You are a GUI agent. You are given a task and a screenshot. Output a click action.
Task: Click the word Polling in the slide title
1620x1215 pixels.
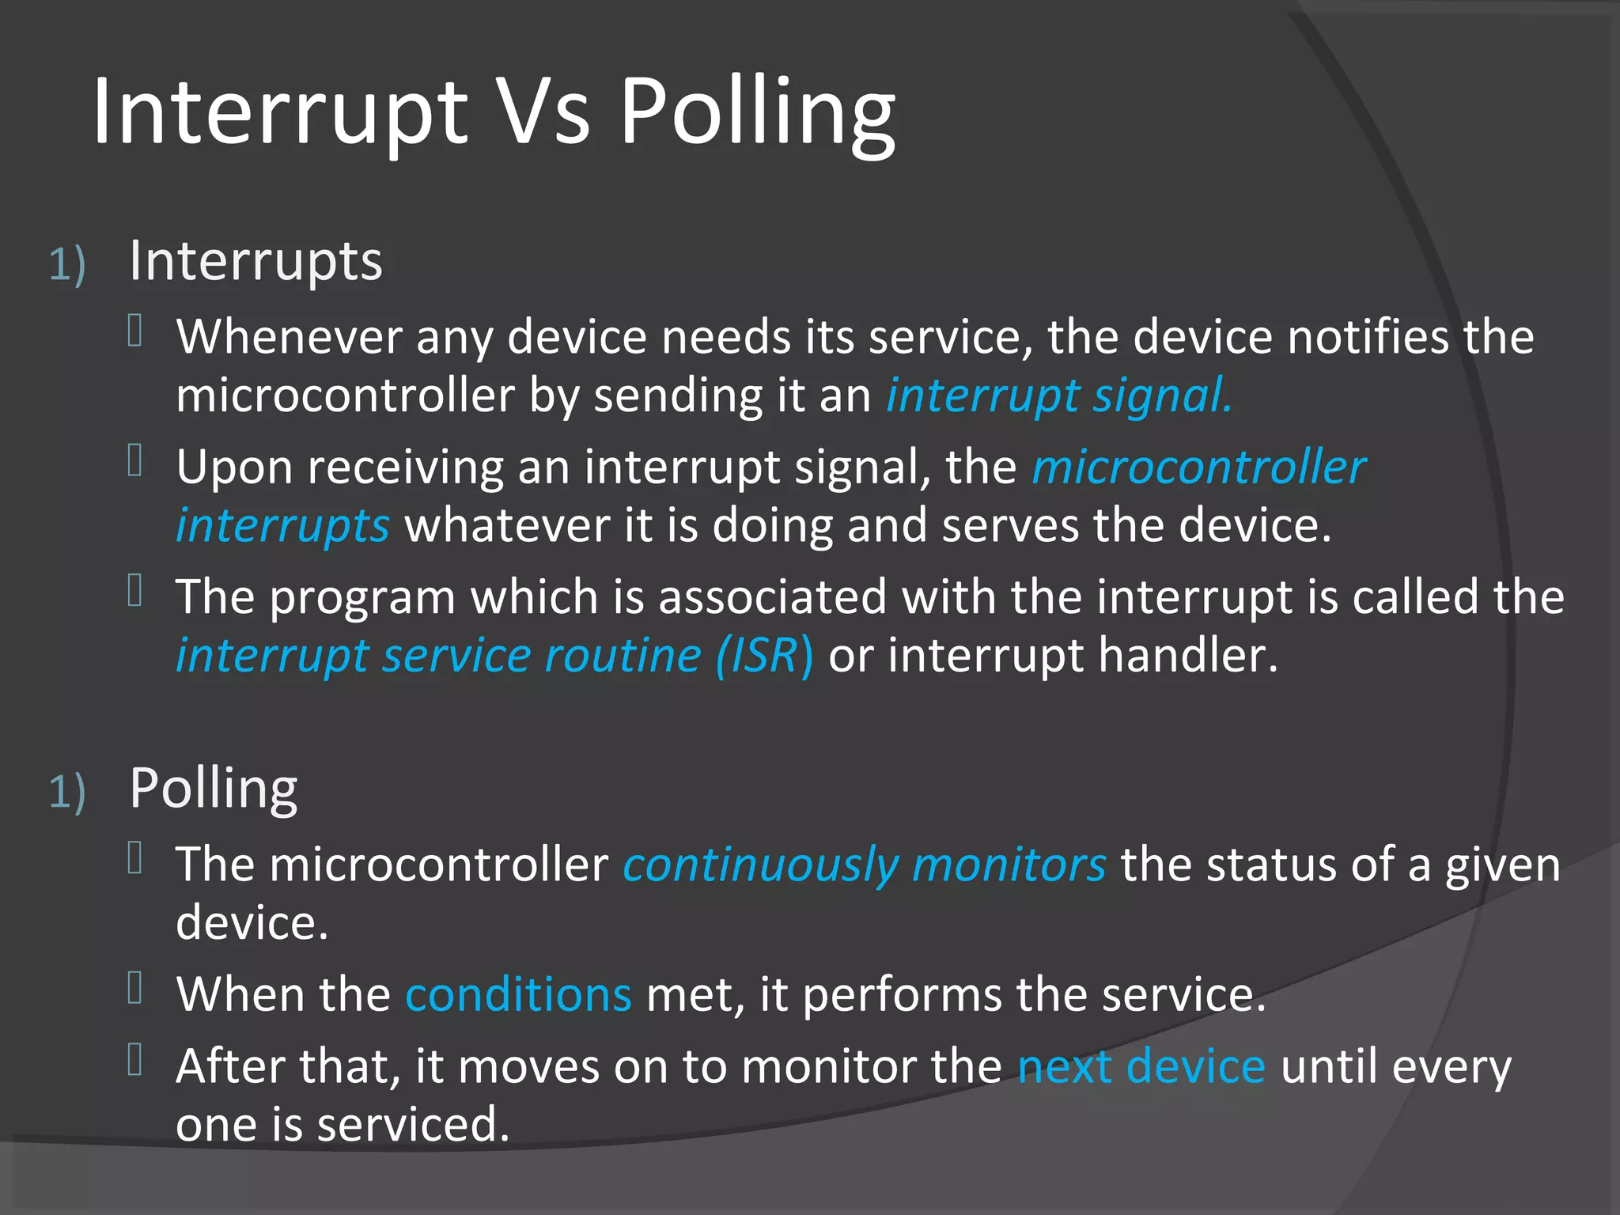click(x=757, y=112)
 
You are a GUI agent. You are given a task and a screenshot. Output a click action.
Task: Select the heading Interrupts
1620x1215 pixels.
click(x=255, y=261)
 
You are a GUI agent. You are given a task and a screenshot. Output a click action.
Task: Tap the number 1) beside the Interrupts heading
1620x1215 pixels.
click(x=67, y=264)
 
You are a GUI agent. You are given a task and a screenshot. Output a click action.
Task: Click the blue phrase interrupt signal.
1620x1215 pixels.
click(x=1058, y=396)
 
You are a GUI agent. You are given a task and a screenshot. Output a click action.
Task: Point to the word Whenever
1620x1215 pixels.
click(x=289, y=338)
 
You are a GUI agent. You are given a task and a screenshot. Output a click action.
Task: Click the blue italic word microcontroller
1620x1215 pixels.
click(x=1198, y=467)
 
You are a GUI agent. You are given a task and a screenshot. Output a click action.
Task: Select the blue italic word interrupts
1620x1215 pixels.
click(x=282, y=526)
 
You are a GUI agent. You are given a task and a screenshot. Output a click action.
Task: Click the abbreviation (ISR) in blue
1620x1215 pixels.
click(x=763, y=656)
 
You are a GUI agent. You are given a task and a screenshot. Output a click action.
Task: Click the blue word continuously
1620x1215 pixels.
click(x=760, y=865)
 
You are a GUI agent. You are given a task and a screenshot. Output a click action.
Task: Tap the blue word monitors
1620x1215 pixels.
click(x=1009, y=865)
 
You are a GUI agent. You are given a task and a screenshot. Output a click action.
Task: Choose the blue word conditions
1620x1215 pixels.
click(x=518, y=994)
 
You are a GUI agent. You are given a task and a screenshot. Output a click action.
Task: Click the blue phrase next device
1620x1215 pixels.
click(x=1141, y=1067)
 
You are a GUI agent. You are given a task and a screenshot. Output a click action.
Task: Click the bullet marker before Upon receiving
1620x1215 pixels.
click(x=135, y=460)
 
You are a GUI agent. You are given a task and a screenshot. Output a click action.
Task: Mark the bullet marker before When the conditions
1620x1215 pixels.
click(x=135, y=988)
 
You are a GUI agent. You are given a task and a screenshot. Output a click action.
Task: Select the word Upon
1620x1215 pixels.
click(x=234, y=468)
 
